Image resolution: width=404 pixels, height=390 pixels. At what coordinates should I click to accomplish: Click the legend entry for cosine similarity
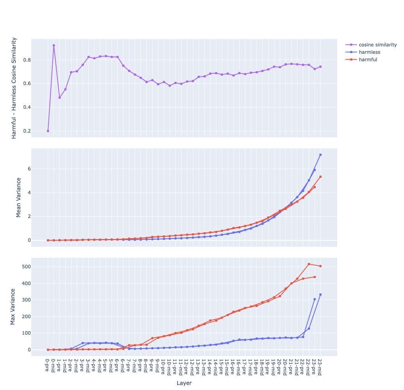[x=377, y=44]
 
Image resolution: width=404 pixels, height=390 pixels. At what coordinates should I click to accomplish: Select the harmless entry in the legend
[x=369, y=52]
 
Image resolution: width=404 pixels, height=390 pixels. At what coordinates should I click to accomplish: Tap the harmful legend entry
[x=368, y=59]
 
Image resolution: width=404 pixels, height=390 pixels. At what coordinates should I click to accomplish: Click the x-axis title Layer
[x=184, y=383]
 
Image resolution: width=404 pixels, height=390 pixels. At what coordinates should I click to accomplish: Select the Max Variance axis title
[x=13, y=307]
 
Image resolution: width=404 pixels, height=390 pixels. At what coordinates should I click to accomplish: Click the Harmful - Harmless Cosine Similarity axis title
[x=14, y=88]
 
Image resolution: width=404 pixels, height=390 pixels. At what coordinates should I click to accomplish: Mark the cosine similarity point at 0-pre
[x=48, y=131]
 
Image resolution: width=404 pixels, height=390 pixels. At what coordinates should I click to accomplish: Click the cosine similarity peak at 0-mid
[x=54, y=45]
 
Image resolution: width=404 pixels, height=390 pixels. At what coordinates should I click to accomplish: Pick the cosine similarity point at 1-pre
[x=59, y=97]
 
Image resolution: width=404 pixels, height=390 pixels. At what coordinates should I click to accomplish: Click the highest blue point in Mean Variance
[x=320, y=155]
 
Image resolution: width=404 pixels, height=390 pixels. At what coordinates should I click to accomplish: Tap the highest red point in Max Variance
[x=309, y=264]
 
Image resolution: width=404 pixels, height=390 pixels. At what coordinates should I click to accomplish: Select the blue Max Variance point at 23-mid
[x=320, y=294]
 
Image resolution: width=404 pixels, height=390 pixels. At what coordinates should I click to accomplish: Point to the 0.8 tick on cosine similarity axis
[x=37, y=60]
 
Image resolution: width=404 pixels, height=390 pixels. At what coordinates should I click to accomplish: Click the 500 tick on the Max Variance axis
[x=37, y=267]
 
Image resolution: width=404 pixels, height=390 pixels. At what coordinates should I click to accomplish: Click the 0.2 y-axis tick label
[x=37, y=131]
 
